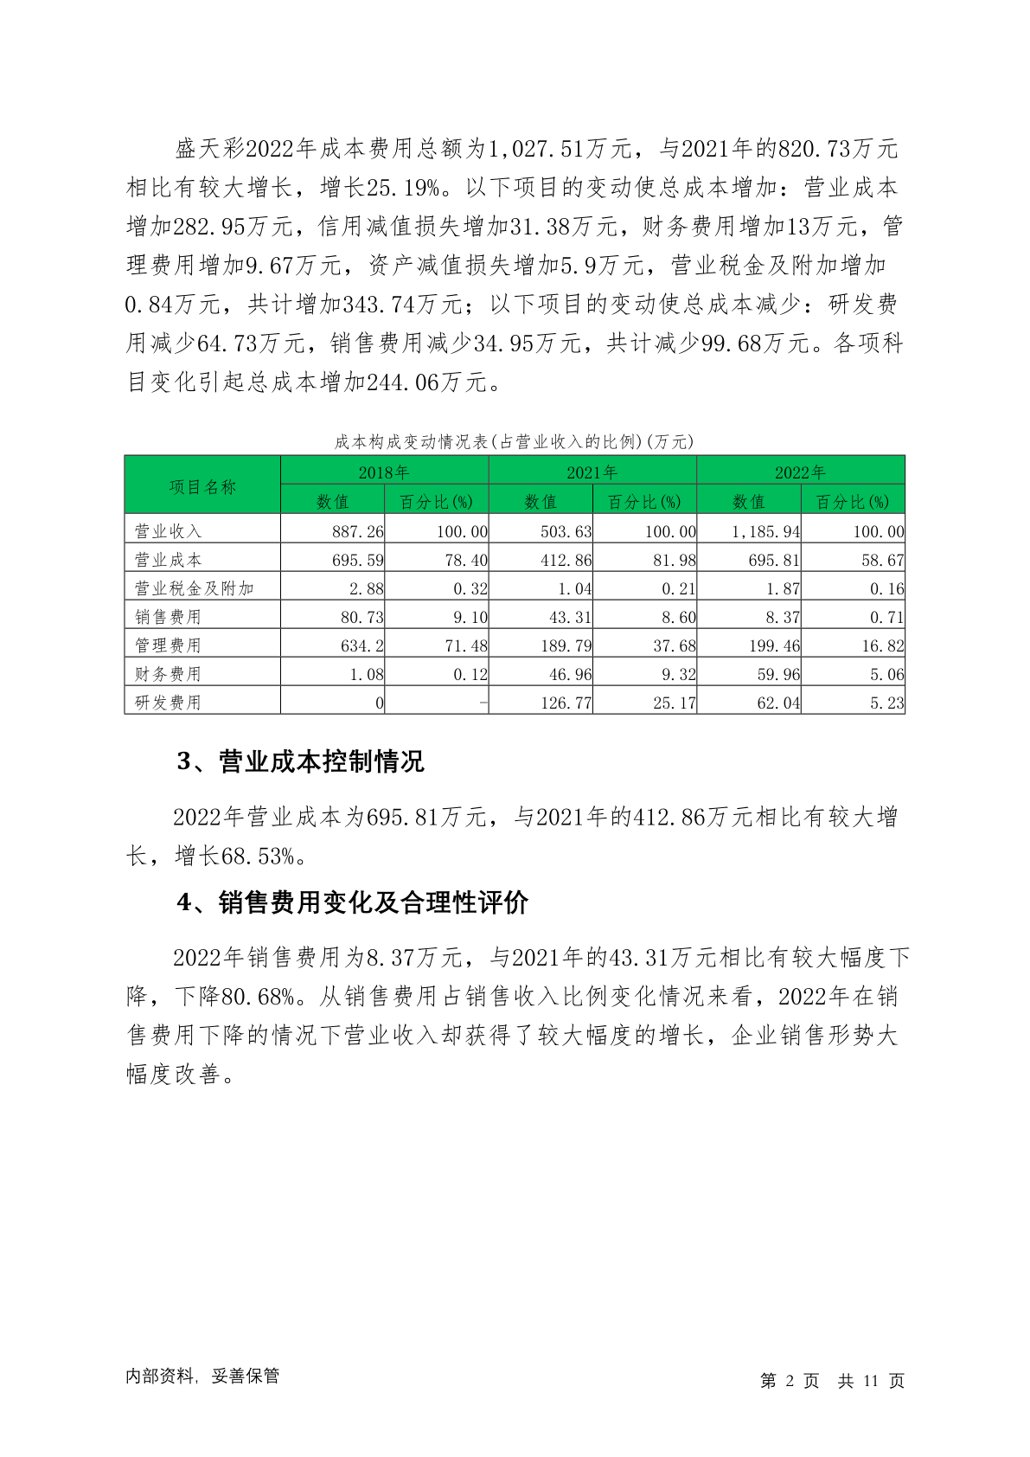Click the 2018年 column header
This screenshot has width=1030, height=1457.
click(x=384, y=472)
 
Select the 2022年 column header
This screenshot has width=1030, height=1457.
click(x=800, y=472)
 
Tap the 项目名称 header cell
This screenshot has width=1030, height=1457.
click(x=202, y=487)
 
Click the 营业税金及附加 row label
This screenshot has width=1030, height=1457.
click(x=194, y=588)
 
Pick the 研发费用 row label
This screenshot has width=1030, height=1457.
click(x=168, y=703)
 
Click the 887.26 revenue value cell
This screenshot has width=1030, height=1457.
click(x=357, y=531)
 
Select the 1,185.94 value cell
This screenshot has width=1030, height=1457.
click(x=765, y=531)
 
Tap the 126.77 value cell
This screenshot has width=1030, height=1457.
click(x=566, y=703)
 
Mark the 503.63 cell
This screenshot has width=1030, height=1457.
click(x=566, y=531)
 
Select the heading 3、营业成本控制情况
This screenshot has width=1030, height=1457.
click(x=300, y=761)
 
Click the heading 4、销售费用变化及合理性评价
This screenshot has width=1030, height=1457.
click(x=352, y=902)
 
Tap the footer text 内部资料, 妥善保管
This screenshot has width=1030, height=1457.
click(x=202, y=1376)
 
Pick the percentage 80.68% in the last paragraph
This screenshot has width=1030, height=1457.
click(x=259, y=997)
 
